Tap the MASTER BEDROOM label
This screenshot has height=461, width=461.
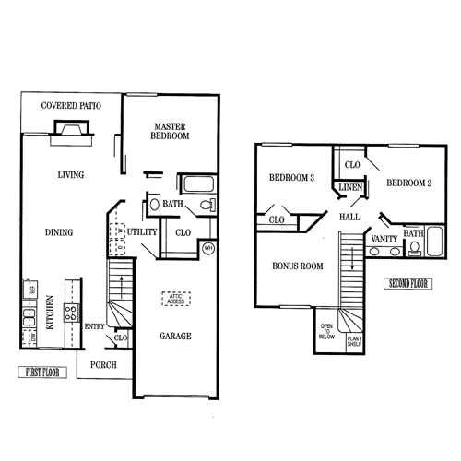[171, 131]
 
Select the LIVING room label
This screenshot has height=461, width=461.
[71, 174]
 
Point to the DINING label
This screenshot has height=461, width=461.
[58, 232]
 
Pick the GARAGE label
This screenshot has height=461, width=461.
[175, 337]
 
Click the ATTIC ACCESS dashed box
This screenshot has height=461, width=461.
[176, 300]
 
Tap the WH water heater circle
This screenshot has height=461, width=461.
[207, 248]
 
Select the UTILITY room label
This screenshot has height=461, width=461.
[143, 231]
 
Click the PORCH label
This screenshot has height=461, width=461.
[103, 363]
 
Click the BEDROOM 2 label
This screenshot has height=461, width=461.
[408, 183]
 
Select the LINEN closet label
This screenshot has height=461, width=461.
[349, 188]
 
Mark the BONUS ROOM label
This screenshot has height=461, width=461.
[296, 266]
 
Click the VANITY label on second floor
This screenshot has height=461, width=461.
[384, 239]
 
